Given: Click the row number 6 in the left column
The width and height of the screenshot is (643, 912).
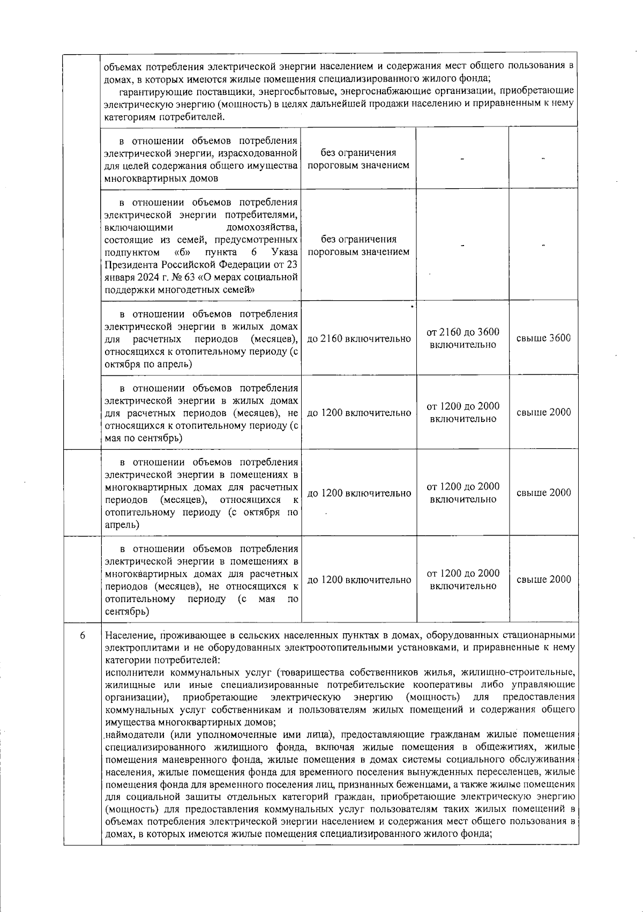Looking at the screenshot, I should click(x=83, y=636).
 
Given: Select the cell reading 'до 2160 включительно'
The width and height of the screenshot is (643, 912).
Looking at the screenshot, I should click(x=359, y=339).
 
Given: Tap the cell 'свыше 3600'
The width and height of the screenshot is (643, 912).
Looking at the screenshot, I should click(x=543, y=338).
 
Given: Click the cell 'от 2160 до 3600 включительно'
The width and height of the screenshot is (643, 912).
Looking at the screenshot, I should click(x=463, y=338).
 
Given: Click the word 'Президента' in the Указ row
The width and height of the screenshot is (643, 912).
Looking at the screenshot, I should click(x=129, y=265).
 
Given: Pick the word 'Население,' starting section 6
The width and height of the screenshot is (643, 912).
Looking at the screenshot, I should click(x=131, y=636).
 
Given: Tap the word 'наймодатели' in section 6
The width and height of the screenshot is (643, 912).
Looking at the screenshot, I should click(x=131, y=734).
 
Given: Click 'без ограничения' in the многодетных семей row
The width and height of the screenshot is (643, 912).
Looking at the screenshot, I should click(x=358, y=240).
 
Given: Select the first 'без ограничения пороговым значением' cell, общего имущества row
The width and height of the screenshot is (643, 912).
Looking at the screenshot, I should click(x=358, y=159).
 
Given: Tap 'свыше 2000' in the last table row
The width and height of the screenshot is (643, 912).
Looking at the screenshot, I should click(x=543, y=580).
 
